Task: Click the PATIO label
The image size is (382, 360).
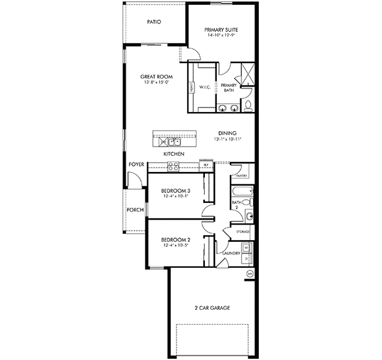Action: [x=154, y=22]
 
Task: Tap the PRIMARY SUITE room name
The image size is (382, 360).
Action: [x=221, y=29]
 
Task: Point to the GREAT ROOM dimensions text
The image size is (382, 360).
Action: [x=156, y=82]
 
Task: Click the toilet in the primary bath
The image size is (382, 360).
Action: [x=248, y=105]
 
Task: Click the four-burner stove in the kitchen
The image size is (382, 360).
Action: [x=173, y=165]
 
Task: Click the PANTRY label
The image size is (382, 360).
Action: [x=242, y=176]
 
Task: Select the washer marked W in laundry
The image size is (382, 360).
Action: [x=246, y=248]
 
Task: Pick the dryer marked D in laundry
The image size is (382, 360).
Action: [x=246, y=259]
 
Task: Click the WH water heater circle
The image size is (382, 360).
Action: [x=250, y=273]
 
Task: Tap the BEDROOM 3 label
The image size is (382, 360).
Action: [x=175, y=191]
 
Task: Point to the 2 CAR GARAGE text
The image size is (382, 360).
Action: [x=211, y=307]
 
